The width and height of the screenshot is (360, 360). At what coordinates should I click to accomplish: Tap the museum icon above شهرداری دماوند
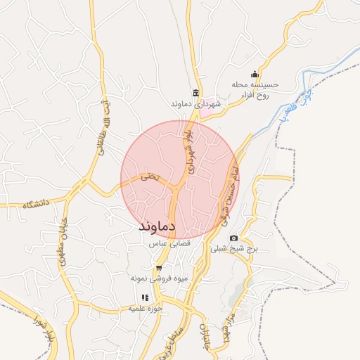click(196, 94)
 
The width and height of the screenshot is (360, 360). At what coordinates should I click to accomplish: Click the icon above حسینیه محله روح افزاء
click(255, 75)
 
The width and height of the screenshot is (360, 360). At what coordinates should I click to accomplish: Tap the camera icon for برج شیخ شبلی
click(233, 238)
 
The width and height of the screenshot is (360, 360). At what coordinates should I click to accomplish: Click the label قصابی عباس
click(166, 243)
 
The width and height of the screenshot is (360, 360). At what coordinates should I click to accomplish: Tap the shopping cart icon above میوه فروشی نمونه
click(159, 268)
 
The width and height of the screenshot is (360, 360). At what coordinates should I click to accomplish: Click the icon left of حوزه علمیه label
click(145, 297)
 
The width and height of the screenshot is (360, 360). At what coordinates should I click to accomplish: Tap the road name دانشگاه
click(38, 204)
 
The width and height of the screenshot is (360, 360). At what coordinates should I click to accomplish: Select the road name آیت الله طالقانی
click(103, 127)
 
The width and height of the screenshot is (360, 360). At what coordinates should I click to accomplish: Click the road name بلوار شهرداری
click(191, 148)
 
